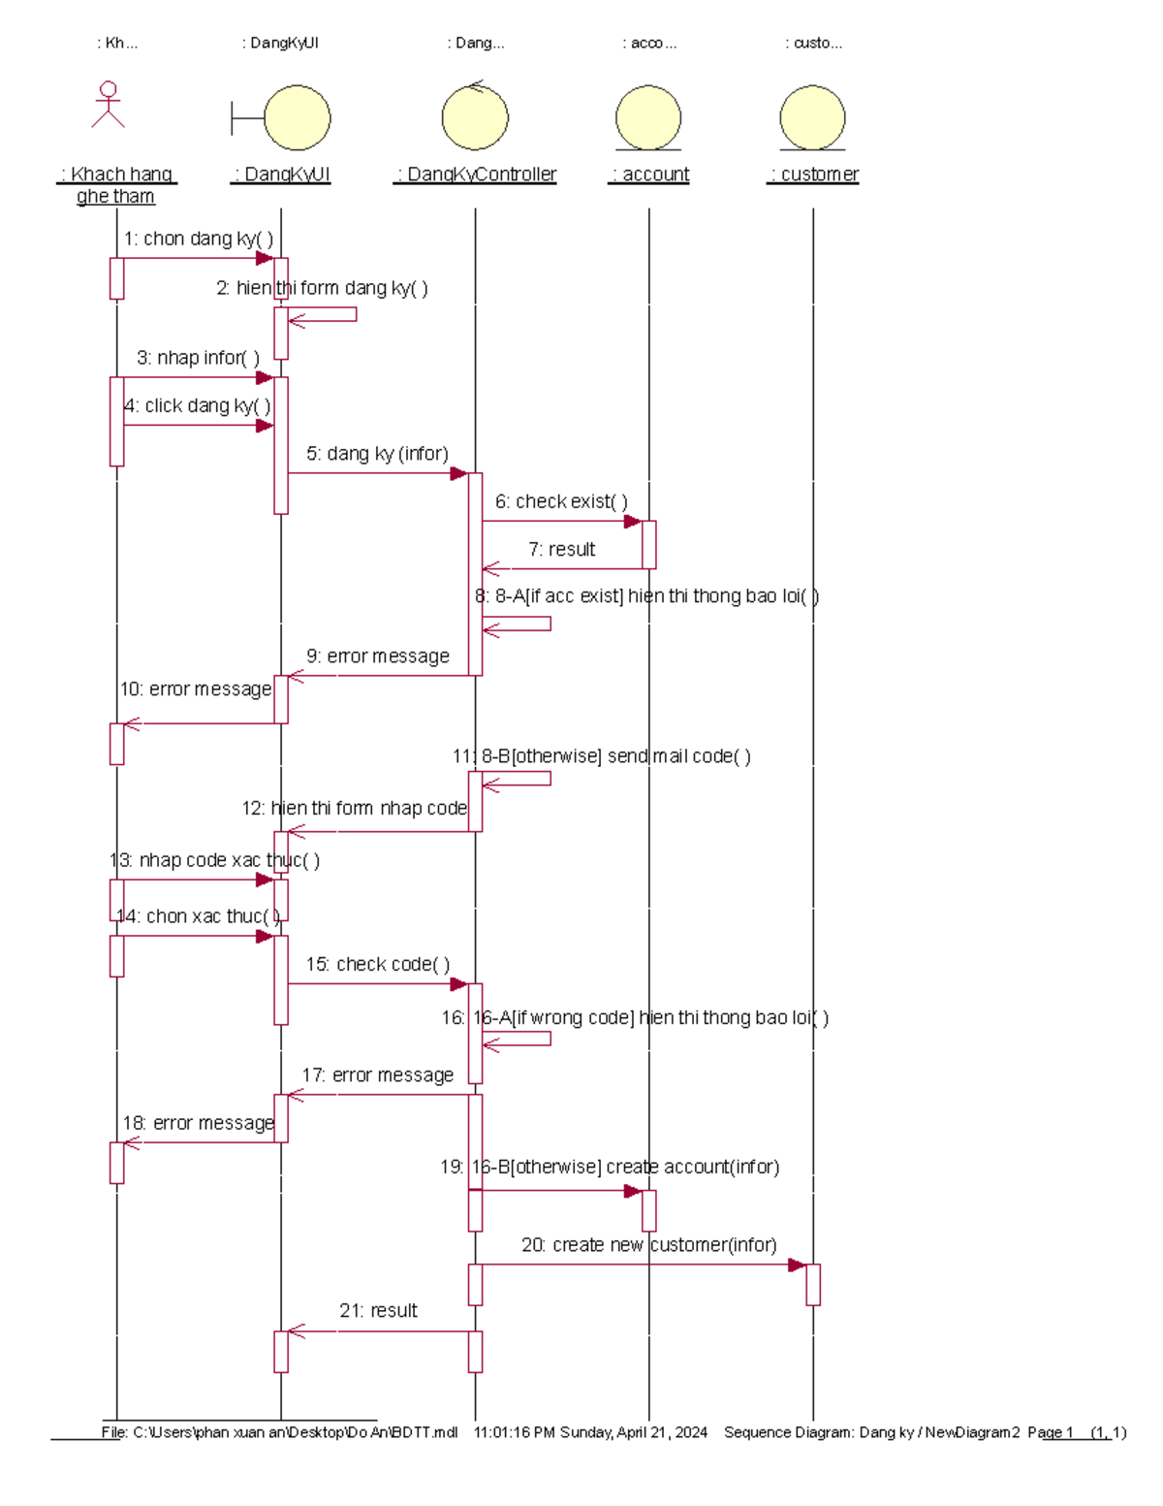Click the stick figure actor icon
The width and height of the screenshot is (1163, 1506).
109,105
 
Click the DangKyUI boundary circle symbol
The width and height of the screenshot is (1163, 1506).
297,118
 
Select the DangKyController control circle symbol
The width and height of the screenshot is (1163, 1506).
475,118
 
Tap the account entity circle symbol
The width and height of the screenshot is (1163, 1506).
648,118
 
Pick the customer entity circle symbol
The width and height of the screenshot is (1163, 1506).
812,118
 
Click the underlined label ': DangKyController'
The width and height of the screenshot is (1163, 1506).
476,175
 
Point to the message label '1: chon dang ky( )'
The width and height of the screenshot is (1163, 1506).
199,239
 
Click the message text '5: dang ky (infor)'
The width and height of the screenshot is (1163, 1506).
378,454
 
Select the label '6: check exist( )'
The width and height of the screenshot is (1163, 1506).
561,501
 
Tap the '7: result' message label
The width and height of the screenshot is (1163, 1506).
561,549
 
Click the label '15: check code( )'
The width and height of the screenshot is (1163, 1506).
378,964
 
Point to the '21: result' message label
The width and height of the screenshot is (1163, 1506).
378,1311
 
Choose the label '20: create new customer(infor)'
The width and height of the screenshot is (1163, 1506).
648,1245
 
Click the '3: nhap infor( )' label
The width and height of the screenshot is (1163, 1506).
198,358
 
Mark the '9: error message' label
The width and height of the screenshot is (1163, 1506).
378,657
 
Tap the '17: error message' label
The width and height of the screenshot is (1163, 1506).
378,1075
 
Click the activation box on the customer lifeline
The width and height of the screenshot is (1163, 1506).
813,1285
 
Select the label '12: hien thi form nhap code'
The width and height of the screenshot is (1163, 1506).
355,808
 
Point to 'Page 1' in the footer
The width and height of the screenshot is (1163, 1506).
1051,1432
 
